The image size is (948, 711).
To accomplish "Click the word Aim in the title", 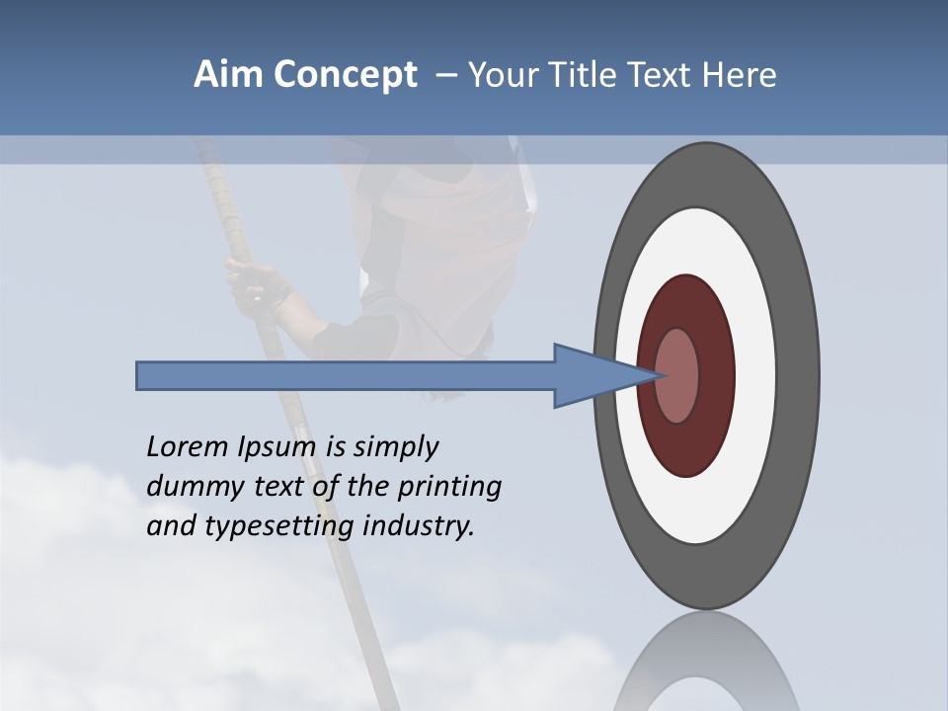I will pyautogui.click(x=228, y=75).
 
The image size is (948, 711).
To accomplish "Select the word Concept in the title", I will pyautogui.click(x=344, y=76).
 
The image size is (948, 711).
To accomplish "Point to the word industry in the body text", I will pyautogui.click(x=417, y=526).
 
